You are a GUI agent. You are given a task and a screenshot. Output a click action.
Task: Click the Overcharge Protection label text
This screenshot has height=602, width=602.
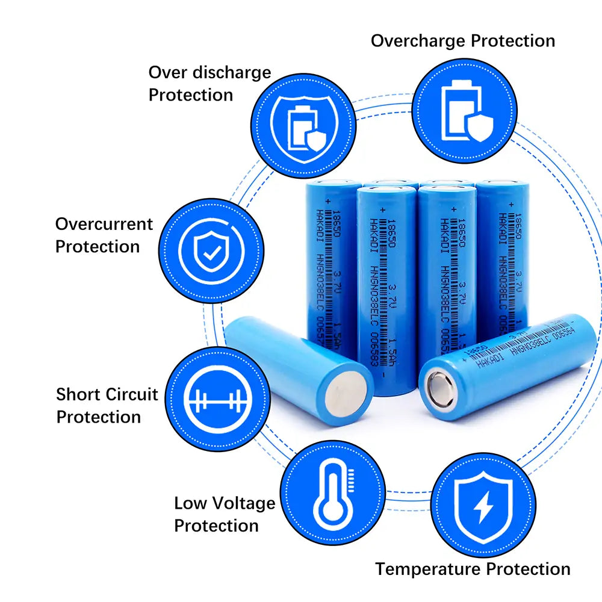pyautogui.click(x=462, y=41)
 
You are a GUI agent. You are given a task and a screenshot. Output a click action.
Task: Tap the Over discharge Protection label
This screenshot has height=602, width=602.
pyautogui.click(x=209, y=84)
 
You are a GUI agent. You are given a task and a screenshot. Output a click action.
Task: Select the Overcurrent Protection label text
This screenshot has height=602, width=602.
pyautogui.click(x=104, y=235)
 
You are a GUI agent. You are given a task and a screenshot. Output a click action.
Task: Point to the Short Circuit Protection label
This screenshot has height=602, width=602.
pyautogui.click(x=107, y=406)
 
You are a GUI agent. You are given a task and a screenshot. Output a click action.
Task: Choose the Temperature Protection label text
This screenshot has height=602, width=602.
pyautogui.click(x=473, y=569)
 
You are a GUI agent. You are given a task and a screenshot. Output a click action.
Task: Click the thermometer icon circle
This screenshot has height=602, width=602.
pyautogui.click(x=333, y=492)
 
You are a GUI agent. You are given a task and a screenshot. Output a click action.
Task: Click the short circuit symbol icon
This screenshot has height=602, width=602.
pyautogui.click(x=217, y=399)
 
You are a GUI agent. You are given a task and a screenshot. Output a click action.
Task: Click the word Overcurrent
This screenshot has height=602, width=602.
pyautogui.click(x=104, y=224)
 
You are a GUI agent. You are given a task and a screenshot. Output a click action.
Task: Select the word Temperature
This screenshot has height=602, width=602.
pyautogui.click(x=429, y=569)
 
